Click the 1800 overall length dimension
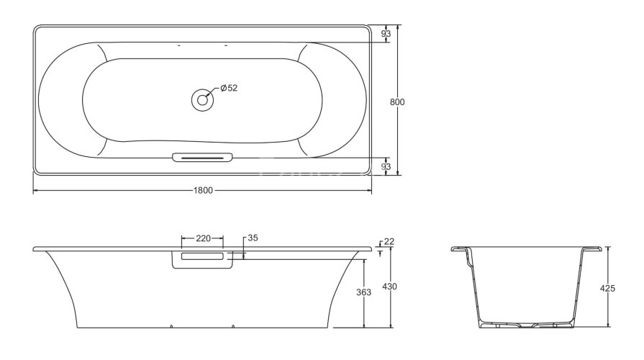click(202, 191)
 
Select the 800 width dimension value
click(396, 102)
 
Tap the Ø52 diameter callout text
click(228, 88)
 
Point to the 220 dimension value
click(202, 238)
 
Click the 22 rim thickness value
click(389, 241)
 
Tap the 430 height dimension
click(389, 287)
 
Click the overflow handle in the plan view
click(202, 157)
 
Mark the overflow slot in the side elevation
click(202, 256)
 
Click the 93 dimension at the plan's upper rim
click(386, 34)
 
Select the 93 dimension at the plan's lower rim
click(386, 166)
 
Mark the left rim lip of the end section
click(459, 249)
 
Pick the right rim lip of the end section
click(591, 249)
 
